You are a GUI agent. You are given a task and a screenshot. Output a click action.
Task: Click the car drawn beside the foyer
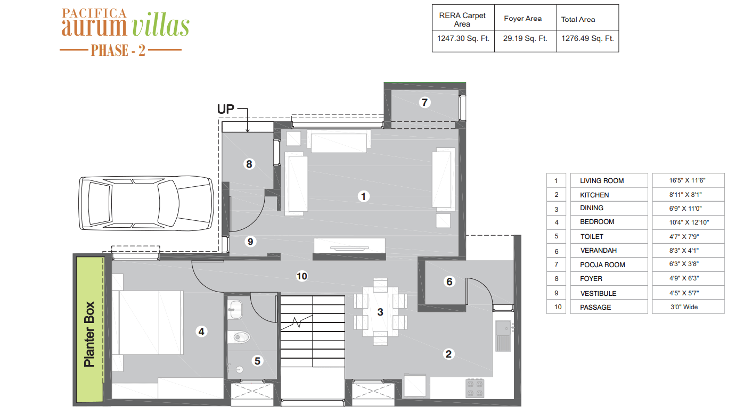146,203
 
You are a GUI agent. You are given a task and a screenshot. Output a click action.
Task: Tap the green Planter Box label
89,334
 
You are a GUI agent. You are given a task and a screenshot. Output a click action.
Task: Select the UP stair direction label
226,109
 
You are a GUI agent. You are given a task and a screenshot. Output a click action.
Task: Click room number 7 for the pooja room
424,102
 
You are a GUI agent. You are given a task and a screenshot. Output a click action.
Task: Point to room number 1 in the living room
363,196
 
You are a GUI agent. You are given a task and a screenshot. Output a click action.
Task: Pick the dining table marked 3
380,312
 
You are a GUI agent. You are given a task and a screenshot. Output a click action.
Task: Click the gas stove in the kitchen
475,388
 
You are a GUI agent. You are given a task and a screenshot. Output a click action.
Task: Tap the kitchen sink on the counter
503,335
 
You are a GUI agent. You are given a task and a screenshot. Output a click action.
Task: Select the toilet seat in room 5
239,337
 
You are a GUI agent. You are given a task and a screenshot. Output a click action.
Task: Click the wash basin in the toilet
235,310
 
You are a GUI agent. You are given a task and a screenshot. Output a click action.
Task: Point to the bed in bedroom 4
148,322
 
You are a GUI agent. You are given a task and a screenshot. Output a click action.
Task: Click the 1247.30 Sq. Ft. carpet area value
463,38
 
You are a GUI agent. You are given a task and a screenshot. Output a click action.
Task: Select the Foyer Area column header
523,19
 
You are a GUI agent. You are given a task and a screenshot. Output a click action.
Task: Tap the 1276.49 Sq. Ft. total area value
587,38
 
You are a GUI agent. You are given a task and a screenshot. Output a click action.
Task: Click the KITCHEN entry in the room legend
594,195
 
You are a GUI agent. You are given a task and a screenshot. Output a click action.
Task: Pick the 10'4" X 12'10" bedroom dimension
689,222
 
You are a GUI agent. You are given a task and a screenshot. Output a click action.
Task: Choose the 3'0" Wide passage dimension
684,307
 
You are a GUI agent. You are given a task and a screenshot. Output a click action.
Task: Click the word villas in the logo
160,25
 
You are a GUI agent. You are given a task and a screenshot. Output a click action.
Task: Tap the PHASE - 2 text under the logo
118,51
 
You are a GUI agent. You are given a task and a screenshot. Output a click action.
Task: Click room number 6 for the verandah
449,282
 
